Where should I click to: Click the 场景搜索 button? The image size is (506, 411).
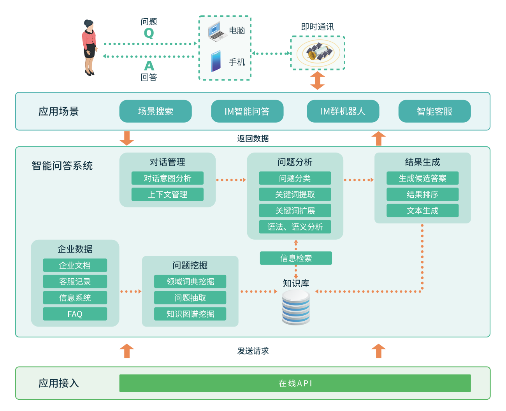(x=155, y=111)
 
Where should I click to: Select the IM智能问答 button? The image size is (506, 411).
(x=247, y=111)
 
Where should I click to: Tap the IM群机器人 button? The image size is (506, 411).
(x=343, y=111)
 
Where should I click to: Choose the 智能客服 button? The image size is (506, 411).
(x=434, y=111)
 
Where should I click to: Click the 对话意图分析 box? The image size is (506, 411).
(x=167, y=178)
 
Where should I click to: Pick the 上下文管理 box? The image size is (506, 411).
(x=167, y=194)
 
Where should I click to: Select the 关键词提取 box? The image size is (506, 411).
(x=295, y=194)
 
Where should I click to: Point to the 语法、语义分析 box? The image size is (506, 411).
(x=295, y=227)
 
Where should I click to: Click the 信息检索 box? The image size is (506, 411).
(x=296, y=258)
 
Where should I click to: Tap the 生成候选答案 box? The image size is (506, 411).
(x=422, y=178)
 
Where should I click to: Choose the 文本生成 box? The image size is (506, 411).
(x=422, y=211)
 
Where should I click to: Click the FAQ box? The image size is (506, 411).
(x=75, y=314)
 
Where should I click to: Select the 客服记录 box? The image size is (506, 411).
(x=75, y=281)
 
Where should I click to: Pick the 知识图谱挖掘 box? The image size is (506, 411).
(x=190, y=314)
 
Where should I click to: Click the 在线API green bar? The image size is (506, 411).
(x=295, y=383)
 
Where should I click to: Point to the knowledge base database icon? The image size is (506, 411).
(x=296, y=307)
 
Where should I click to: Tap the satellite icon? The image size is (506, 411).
(x=318, y=53)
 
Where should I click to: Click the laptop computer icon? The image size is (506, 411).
(x=217, y=32)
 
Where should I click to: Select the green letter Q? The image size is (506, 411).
(x=149, y=33)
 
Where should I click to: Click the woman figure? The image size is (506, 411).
(x=90, y=47)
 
